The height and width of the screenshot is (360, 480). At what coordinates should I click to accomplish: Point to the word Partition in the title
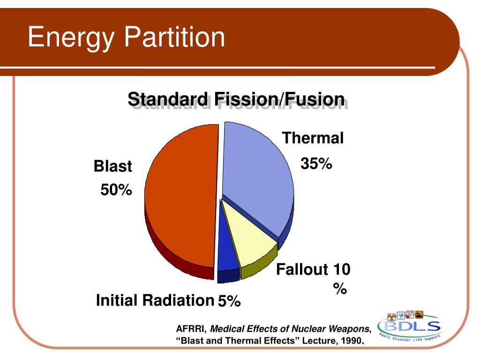(x=174, y=37)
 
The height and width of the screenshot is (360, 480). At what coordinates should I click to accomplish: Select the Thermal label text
(x=313, y=138)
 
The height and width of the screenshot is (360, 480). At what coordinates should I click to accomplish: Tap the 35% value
(x=316, y=163)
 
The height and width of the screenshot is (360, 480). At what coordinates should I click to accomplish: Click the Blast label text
(x=112, y=166)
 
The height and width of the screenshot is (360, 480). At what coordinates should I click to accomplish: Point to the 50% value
(x=116, y=190)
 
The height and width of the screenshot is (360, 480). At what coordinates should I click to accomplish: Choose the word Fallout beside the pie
(x=302, y=270)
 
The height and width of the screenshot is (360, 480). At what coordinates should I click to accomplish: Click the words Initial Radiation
(x=155, y=300)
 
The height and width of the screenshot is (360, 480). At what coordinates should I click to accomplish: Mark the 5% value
(x=229, y=301)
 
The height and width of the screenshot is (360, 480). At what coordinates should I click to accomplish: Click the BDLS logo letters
(x=412, y=326)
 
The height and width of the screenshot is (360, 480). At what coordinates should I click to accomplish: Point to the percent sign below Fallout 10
(x=340, y=288)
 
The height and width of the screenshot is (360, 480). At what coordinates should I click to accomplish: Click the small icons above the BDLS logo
(x=405, y=315)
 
